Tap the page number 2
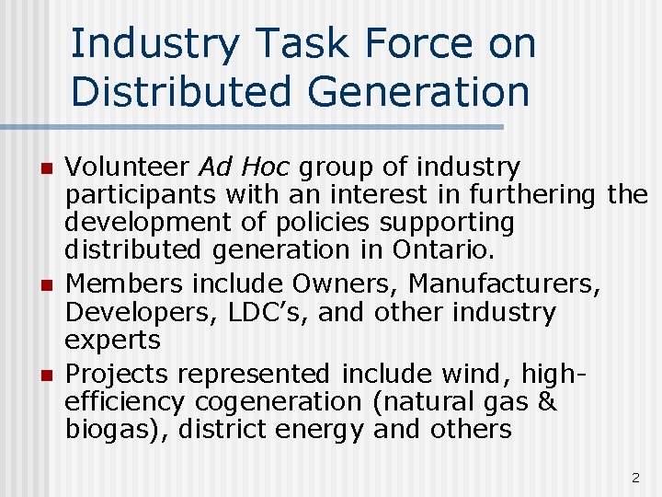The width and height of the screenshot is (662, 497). pyautogui.click(x=634, y=478)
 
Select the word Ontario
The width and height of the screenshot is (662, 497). pyautogui.click(x=443, y=250)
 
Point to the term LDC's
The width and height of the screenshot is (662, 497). pyautogui.click(x=242, y=313)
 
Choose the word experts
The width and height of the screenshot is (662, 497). pyautogui.click(x=112, y=341)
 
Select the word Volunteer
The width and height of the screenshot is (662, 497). pyautogui.click(x=129, y=168)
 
